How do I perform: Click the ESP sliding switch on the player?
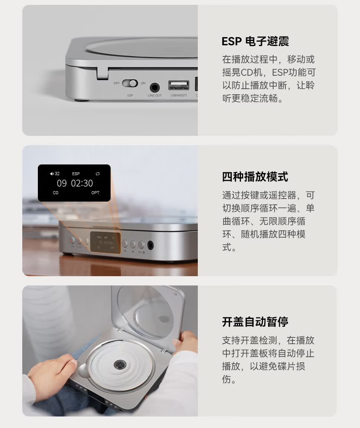click(x=130, y=83)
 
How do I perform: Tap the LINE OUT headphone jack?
click(x=155, y=88)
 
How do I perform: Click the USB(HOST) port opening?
click(x=179, y=85)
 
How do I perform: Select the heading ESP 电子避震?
click(x=255, y=42)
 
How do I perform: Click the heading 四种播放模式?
click(x=255, y=177)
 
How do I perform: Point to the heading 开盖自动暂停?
click(x=255, y=321)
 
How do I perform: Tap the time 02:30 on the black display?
click(x=82, y=183)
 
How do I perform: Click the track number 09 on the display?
click(x=62, y=183)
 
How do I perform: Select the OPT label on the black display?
click(x=95, y=193)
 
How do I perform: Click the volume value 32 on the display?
click(x=57, y=174)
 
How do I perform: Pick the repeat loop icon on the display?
click(x=98, y=174)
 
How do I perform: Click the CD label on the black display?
click(x=56, y=193)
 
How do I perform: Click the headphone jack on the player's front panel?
click(x=150, y=245)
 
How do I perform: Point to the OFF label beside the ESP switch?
click(x=117, y=83)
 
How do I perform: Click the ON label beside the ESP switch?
click(x=143, y=83)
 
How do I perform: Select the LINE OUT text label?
click(x=155, y=95)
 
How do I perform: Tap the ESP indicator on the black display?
click(x=76, y=174)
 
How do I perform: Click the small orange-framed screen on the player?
click(x=105, y=242)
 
